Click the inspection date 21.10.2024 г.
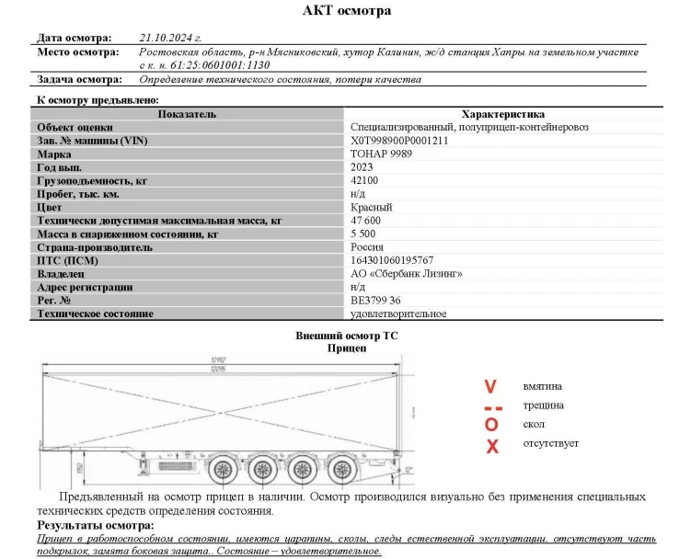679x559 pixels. coord(170,38)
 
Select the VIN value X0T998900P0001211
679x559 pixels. coord(399,141)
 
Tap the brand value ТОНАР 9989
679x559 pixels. coord(381,154)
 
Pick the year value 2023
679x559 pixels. coord(363,167)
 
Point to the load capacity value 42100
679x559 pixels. coord(364,181)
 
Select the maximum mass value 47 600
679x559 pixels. coord(366,222)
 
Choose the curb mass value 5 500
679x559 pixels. coord(363,234)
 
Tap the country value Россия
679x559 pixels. coord(367,247)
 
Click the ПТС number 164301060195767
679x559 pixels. coord(392,261)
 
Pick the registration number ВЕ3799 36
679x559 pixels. coord(375,301)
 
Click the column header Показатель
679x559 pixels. coord(187,114)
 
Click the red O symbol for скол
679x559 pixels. coord(491,425)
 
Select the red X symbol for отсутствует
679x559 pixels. coord(492,446)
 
